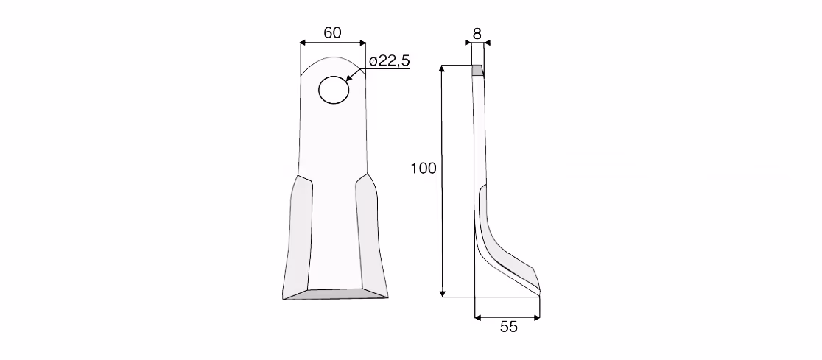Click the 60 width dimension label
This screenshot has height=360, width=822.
pyautogui.click(x=332, y=32)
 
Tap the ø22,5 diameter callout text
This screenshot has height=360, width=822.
pyautogui.click(x=389, y=61)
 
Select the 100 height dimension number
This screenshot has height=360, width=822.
pyautogui.click(x=424, y=169)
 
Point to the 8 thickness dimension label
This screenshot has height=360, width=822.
pyautogui.click(x=477, y=34)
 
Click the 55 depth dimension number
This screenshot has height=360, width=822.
pyautogui.click(x=508, y=327)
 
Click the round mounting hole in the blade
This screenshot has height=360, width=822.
pyautogui.click(x=334, y=90)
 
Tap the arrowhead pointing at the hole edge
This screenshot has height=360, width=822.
pyautogui.click(x=350, y=77)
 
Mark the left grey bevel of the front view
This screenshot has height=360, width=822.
pyautogui.click(x=298, y=236)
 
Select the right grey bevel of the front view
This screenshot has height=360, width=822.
pyautogui.click(x=372, y=236)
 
